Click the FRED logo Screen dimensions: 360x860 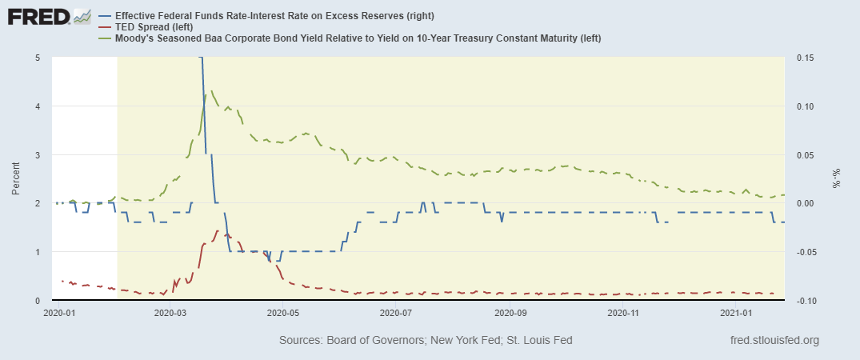tap(49, 17)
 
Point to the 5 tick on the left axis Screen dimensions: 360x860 tap(38, 58)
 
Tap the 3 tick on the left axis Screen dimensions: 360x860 tap(38, 154)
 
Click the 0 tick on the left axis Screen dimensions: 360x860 tap(38, 300)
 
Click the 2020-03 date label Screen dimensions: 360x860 tap(169, 314)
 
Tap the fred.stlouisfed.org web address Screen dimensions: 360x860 tap(775, 341)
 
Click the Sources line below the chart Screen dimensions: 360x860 tap(426, 341)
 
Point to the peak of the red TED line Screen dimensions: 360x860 tap(218, 230)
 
